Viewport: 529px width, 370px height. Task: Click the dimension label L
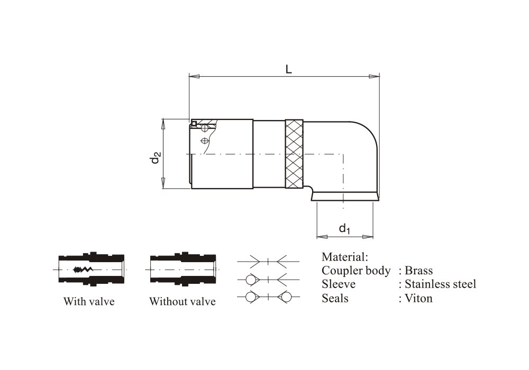(288, 69)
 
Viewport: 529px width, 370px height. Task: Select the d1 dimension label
(345, 228)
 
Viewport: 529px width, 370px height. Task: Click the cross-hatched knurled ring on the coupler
(294, 153)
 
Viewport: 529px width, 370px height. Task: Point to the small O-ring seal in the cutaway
(194, 124)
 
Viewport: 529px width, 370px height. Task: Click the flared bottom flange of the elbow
(344, 197)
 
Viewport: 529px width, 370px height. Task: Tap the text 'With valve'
(89, 302)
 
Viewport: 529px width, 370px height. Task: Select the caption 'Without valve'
(182, 302)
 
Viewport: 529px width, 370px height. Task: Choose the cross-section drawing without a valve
(183, 270)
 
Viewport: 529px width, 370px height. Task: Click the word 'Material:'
(344, 257)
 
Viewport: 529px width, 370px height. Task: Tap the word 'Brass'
(418, 271)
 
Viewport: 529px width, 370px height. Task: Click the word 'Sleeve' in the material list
(339, 284)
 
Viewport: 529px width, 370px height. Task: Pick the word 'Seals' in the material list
(335, 298)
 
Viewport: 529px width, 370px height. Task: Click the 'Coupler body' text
(356, 271)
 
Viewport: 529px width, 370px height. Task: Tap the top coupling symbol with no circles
(268, 261)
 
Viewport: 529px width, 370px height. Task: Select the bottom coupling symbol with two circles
(268, 298)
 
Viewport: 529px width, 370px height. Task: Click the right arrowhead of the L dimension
(375, 77)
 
